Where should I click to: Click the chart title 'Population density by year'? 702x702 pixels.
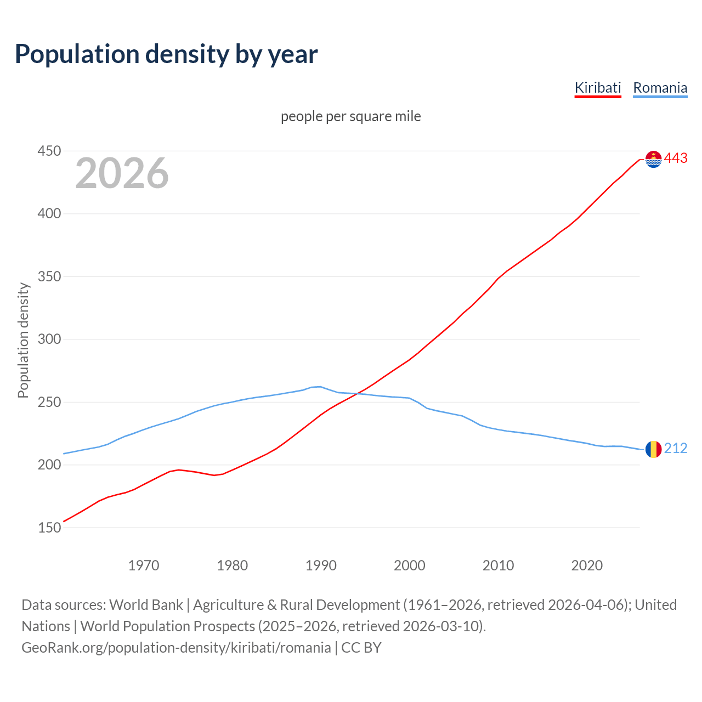[x=166, y=54]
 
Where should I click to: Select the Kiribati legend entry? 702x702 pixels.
[x=597, y=88]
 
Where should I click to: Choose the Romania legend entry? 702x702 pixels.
[x=660, y=88]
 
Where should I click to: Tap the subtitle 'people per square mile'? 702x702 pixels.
[x=350, y=116]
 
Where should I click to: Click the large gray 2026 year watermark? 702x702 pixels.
[x=122, y=173]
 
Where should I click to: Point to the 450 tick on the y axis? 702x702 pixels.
[x=49, y=151]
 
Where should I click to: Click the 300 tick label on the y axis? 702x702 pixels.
[x=49, y=339]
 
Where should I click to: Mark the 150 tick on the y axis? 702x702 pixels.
[x=49, y=528]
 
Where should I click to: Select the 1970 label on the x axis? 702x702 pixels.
[x=144, y=565]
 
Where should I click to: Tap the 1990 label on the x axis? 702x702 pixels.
[x=321, y=565]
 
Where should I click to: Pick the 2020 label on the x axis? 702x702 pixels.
[x=587, y=565]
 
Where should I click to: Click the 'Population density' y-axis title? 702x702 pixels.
[x=23, y=340]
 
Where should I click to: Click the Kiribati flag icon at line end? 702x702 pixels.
[x=653, y=159]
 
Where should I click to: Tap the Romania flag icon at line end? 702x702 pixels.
[x=653, y=449]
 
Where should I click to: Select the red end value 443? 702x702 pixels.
[x=676, y=158]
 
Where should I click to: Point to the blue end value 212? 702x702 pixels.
[x=676, y=449]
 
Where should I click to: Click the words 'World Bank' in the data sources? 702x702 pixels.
[x=146, y=605]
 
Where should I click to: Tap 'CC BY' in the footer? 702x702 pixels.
[x=361, y=648]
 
